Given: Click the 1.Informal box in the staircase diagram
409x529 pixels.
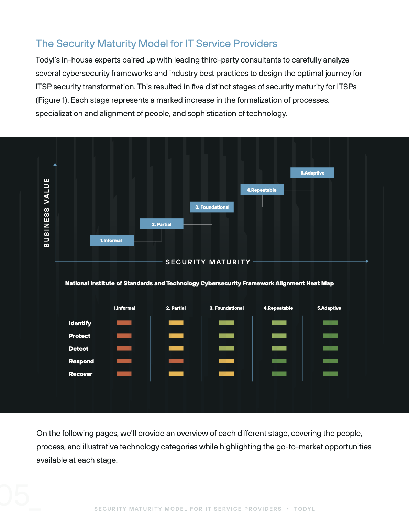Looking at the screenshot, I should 112,240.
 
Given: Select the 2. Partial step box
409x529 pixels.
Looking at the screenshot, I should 162,224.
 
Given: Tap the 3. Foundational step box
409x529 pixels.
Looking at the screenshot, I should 212,207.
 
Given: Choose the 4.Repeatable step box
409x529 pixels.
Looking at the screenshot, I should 262,190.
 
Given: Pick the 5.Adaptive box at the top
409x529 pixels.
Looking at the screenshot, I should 312,173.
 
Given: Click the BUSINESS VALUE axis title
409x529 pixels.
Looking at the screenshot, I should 47,213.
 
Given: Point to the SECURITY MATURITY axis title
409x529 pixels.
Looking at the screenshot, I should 208,262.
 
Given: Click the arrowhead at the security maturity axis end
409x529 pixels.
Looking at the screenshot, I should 367,261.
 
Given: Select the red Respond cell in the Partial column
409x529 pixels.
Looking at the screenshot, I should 176,361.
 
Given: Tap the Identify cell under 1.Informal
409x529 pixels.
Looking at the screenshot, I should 124,323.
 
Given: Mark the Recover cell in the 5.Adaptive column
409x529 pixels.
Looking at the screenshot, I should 330,374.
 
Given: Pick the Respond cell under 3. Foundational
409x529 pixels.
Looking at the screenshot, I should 226,361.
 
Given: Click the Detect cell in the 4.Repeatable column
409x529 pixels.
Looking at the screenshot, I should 279,348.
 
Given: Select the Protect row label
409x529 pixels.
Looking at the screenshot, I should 79,336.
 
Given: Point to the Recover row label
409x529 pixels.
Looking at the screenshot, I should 80,374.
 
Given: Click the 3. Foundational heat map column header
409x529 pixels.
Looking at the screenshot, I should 226,308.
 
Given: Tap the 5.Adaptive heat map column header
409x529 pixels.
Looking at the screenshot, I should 329,308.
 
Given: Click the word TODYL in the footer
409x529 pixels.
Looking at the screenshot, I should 304,509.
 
